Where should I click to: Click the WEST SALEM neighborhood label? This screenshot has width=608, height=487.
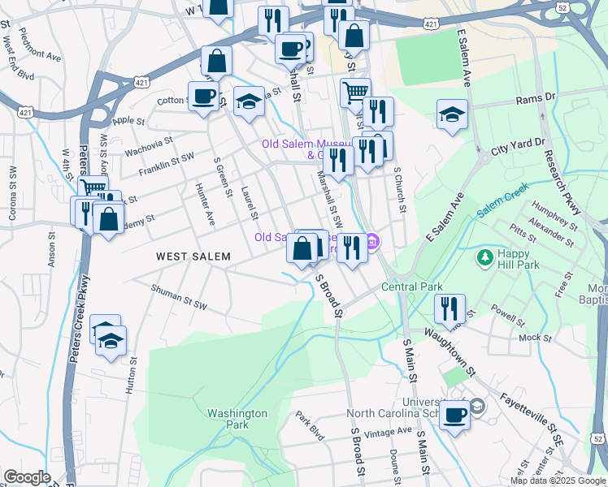click(193, 256)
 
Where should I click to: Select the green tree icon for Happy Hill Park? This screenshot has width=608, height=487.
click(485, 258)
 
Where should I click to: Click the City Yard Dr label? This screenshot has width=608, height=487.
click(518, 144)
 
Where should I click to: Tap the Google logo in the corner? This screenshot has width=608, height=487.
click(27, 477)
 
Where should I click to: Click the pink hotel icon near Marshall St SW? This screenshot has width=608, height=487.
click(372, 241)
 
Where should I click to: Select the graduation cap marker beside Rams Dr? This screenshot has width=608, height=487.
click(452, 114)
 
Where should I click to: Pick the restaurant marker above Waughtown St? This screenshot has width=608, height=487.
click(449, 308)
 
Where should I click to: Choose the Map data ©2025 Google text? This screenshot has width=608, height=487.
click(557, 481)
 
